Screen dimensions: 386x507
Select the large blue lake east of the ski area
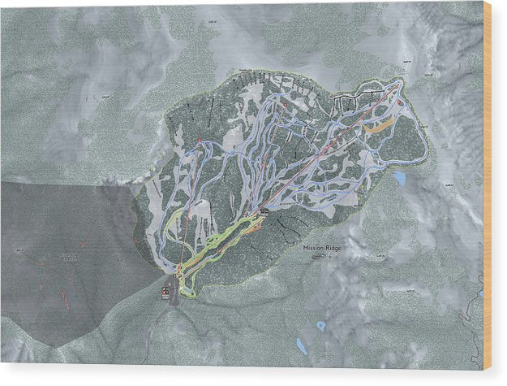(x=400, y=177)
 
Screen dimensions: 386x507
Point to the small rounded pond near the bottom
(x=320, y=325)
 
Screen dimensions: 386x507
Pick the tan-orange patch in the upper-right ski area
(x=377, y=126)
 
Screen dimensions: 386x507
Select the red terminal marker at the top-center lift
(x=286, y=106)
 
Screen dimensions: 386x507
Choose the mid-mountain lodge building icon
(x=265, y=212)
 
